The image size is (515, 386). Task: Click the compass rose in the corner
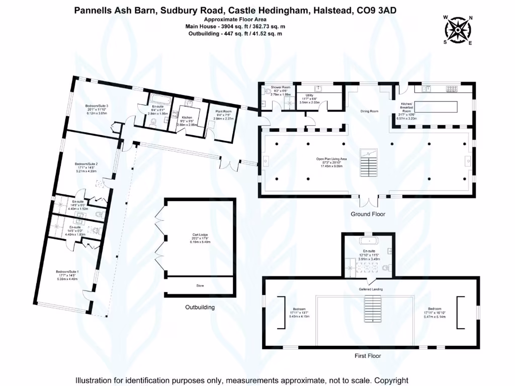[458, 30]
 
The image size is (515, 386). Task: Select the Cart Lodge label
[200, 235]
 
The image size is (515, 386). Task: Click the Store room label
[200, 285]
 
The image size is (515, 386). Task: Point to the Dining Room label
[369, 111]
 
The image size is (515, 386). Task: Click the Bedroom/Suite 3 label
[97, 106]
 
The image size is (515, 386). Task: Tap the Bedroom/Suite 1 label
[68, 271]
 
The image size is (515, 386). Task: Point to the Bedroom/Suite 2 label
[86, 164]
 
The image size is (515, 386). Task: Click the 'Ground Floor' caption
[368, 214]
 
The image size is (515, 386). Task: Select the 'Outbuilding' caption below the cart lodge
[200, 307]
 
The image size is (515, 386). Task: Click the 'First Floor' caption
[368, 356]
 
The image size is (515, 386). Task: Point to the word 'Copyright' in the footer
[388, 380]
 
